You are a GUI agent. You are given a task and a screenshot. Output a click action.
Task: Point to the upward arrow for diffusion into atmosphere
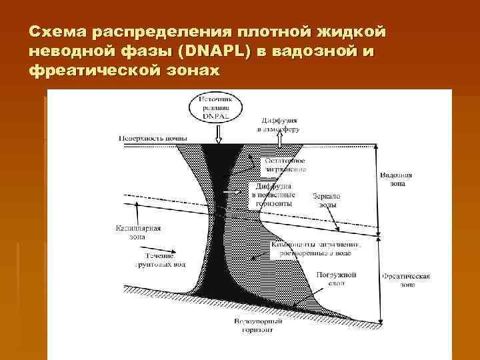point(281,137)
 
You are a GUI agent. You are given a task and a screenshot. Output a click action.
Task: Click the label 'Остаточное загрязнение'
point(285,164)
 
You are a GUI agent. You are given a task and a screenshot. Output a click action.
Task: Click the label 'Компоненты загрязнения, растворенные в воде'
point(316,249)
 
